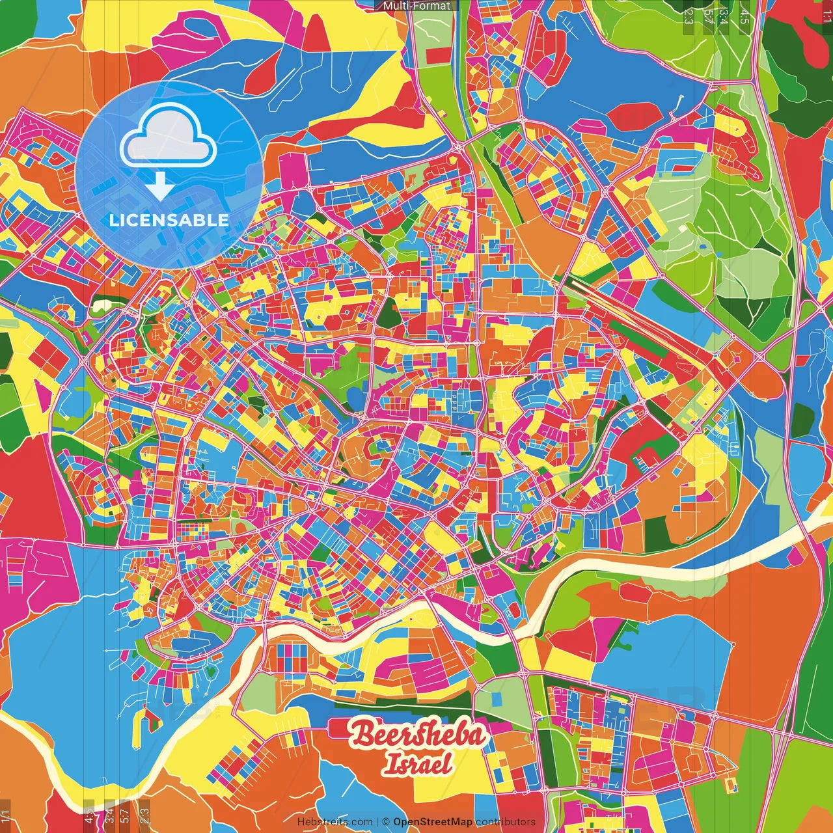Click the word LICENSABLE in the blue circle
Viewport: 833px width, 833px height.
(169, 220)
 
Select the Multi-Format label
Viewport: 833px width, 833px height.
(416, 6)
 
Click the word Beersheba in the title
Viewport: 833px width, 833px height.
(418, 735)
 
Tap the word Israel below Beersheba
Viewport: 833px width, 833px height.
(417, 763)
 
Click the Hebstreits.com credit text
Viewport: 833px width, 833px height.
(335, 822)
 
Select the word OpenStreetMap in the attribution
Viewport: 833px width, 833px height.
(433, 822)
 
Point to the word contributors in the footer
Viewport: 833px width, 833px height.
(506, 822)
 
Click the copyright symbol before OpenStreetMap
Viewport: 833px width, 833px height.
(386, 822)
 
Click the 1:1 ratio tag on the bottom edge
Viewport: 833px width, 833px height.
(6, 815)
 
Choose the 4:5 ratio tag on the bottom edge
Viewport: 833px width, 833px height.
(89, 815)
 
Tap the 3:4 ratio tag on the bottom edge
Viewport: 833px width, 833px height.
(109, 815)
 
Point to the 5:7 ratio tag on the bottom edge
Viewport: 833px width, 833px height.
(125, 815)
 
